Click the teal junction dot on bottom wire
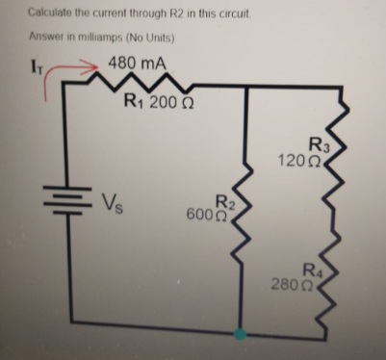(241, 332)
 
